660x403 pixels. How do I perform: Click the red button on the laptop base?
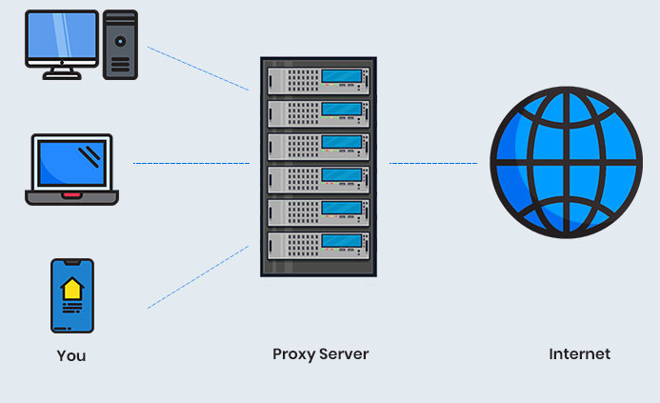[x=71, y=195]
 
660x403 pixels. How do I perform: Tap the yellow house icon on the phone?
[x=71, y=289]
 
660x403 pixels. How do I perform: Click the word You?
[x=71, y=355]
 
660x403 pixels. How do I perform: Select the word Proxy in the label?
[x=292, y=354]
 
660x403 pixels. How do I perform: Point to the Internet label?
[x=579, y=353]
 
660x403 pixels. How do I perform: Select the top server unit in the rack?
[x=318, y=76]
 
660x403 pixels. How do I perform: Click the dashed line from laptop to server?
[x=190, y=164]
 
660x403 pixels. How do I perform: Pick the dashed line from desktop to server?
[x=198, y=69]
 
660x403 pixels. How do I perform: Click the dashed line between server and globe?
[x=433, y=164]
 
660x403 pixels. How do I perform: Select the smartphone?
[x=71, y=295]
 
